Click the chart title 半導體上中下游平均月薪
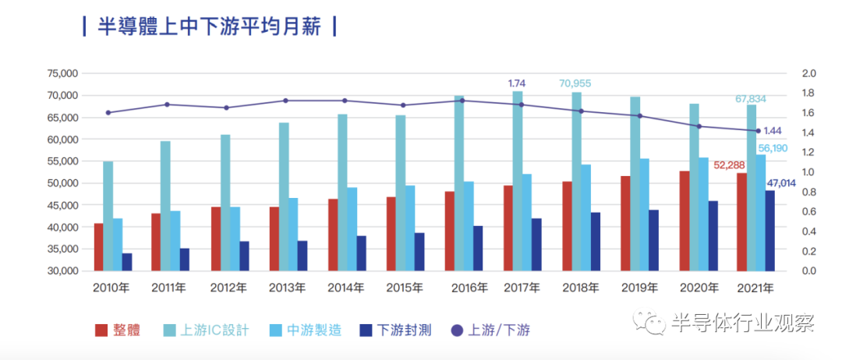point(210,26)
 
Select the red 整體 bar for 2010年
point(98,247)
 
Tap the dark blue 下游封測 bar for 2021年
point(770,231)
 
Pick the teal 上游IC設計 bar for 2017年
point(518,181)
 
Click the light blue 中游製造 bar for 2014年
point(352,229)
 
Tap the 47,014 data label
point(781,183)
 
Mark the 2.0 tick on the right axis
point(808,73)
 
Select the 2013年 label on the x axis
point(287,288)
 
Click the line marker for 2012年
point(227,108)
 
